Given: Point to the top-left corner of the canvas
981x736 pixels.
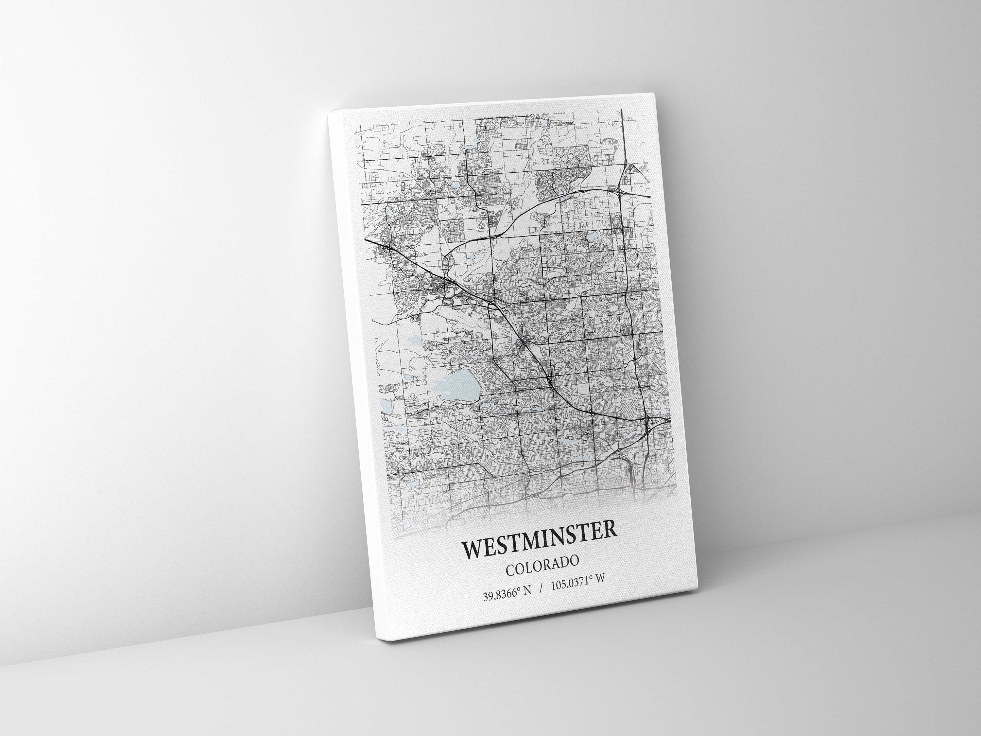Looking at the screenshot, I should click(x=329, y=113).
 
